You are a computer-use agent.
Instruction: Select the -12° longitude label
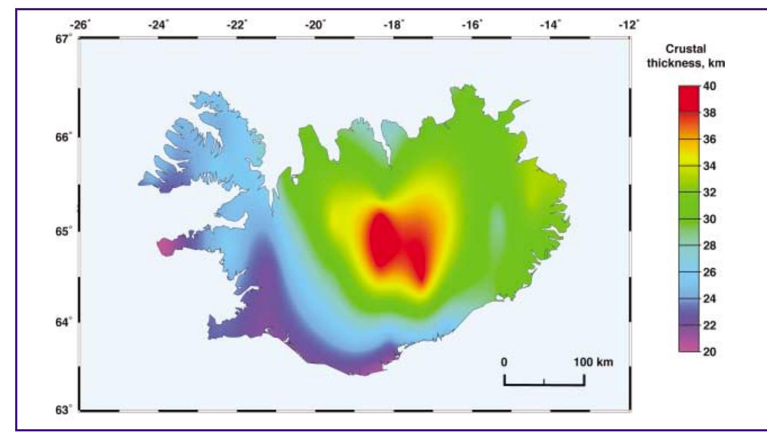coord(630,24)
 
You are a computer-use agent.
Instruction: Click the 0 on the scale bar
coord(504,362)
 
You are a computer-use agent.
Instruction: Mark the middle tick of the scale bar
coord(544,382)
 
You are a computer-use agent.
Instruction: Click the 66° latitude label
coord(67,137)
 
